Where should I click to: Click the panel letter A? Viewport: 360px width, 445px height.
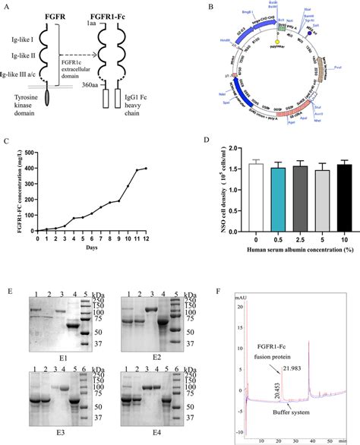[x=7, y=6]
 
